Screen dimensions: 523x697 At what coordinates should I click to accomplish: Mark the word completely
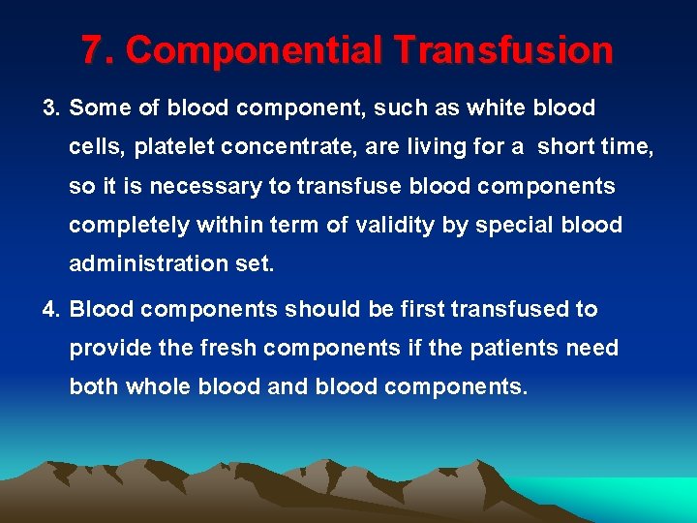129,226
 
